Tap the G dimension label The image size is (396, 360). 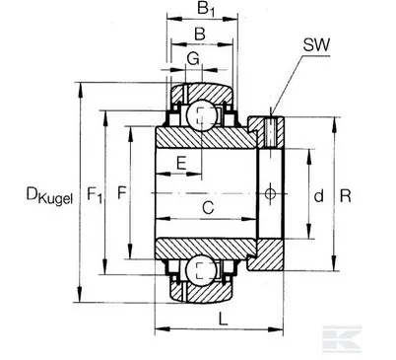point(194,62)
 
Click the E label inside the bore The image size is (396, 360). point(181,161)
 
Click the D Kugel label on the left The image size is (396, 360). point(34,193)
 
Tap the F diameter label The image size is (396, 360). point(121,193)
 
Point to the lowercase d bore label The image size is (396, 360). point(318,196)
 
